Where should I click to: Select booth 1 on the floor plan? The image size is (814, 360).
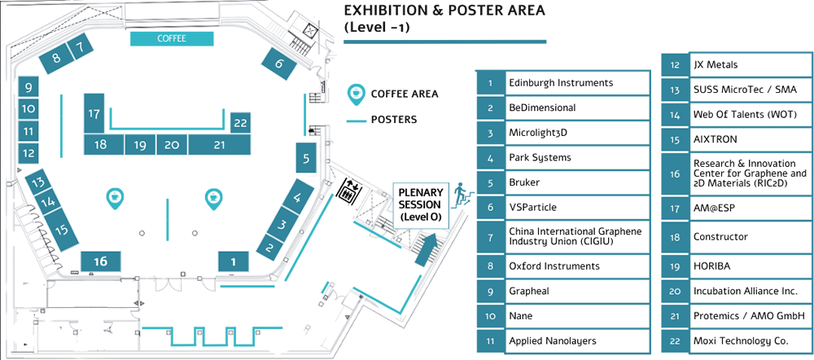pyautogui.click(x=233, y=261)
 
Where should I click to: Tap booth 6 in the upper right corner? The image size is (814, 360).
pyautogui.click(x=279, y=63)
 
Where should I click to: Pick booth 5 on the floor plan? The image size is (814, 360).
pyautogui.click(x=304, y=159)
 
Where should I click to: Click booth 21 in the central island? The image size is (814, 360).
pyautogui.click(x=218, y=145)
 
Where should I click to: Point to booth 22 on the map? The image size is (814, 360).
pyautogui.click(x=240, y=123)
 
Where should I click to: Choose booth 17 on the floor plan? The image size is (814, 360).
pyautogui.click(x=95, y=115)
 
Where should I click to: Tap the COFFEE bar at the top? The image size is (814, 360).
pyautogui.click(x=172, y=39)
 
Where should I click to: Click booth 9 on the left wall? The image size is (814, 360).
pyautogui.click(x=28, y=88)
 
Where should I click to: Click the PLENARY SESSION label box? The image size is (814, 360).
pyautogui.click(x=420, y=204)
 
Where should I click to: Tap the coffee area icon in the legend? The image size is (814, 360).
pyautogui.click(x=356, y=94)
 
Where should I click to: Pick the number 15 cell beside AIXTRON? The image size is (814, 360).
pyautogui.click(x=674, y=139)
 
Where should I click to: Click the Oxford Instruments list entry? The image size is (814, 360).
pyautogui.click(x=554, y=266)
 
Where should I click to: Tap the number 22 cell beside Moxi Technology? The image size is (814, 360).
pyautogui.click(x=674, y=339)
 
